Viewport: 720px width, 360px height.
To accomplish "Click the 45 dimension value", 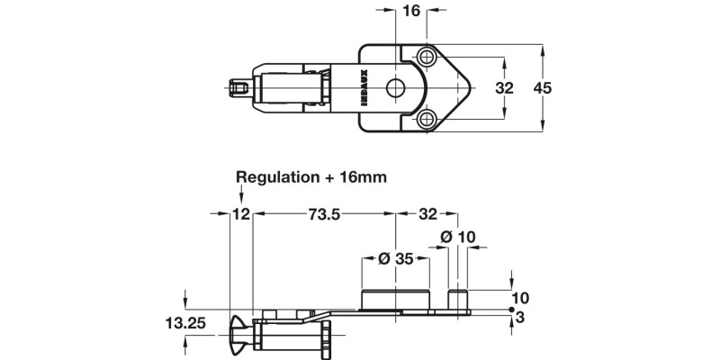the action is (543, 87).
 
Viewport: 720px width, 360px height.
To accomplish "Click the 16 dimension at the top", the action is (411, 11).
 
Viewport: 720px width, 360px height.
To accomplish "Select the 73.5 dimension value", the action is (324, 214).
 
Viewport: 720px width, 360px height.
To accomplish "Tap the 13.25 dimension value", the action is (185, 323).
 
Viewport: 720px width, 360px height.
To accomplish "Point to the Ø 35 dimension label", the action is (395, 259).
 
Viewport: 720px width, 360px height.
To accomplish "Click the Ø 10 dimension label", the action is (458, 237).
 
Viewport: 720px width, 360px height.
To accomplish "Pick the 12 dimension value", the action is (240, 214).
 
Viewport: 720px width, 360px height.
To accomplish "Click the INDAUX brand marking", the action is (364, 87).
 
